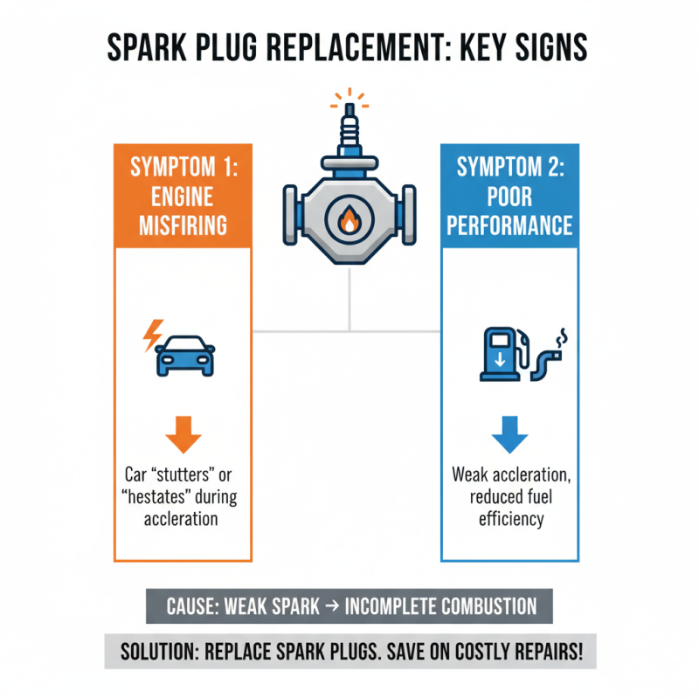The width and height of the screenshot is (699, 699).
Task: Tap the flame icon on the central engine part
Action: point(349,222)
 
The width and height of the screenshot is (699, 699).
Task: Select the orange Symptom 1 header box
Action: point(183,196)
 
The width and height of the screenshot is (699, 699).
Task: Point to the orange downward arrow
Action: point(183,433)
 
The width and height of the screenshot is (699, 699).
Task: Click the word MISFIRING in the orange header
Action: point(183,225)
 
